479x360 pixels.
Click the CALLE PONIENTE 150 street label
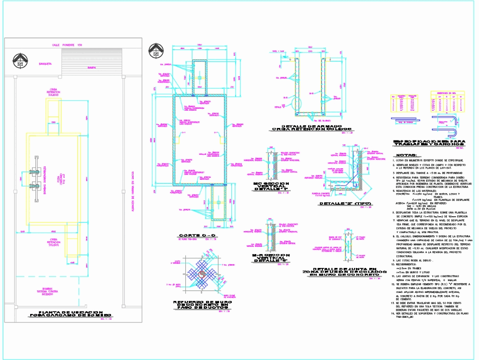pyautogui.click(x=68, y=45)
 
